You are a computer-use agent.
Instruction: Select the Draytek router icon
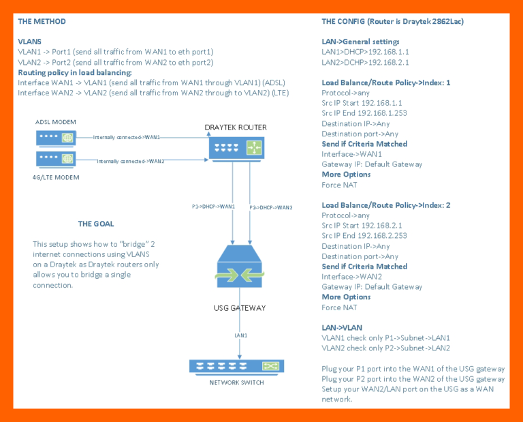235,147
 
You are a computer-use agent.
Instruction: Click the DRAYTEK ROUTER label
236,127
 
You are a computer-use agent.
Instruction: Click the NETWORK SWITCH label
236,382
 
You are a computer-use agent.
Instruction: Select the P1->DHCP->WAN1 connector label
214,206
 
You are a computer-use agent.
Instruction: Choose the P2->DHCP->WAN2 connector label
271,207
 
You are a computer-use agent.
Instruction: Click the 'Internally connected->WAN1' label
127,137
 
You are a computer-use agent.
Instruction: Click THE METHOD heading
42,22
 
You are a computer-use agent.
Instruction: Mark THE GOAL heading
96,224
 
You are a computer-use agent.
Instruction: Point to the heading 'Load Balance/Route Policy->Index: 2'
385,205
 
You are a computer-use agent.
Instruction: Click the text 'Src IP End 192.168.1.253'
364,113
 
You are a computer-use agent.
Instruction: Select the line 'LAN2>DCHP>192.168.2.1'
365,62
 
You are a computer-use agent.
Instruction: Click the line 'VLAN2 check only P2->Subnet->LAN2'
385,348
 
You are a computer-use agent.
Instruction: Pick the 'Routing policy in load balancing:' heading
75,72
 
